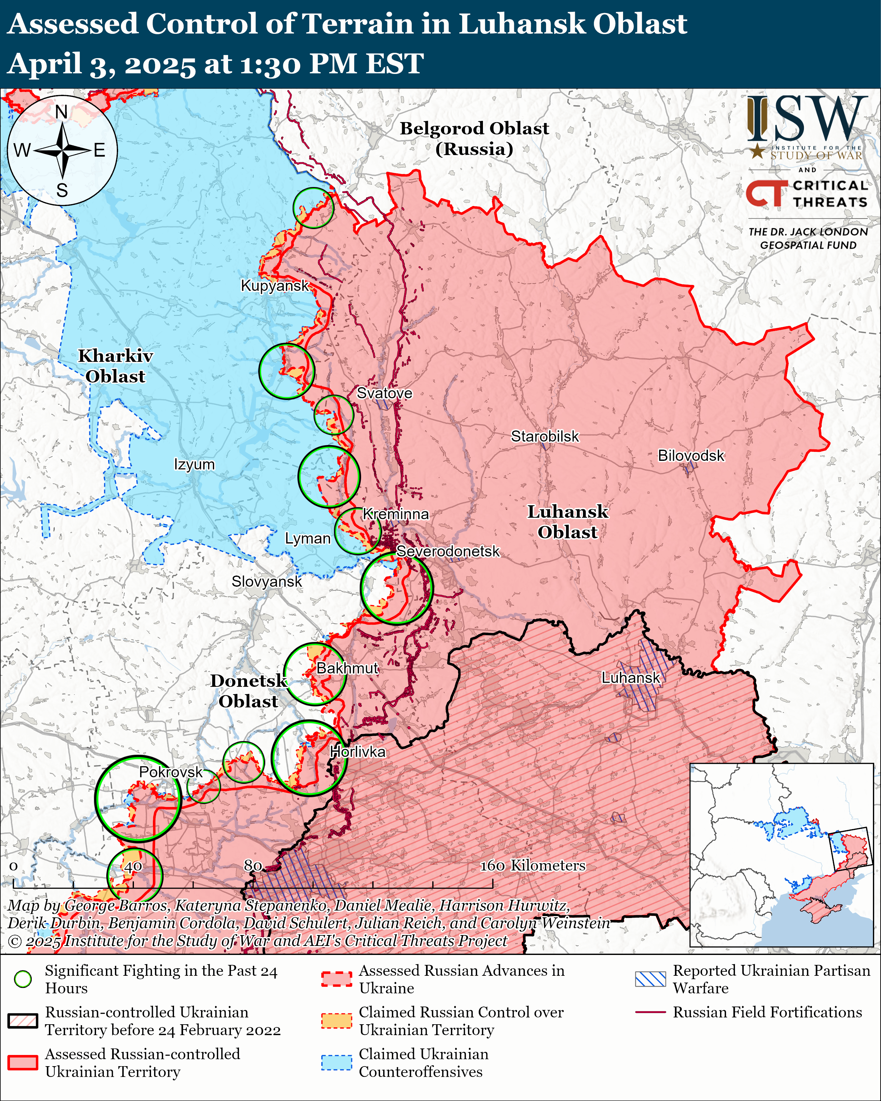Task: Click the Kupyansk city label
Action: tap(275, 286)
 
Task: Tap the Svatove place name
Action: tap(384, 393)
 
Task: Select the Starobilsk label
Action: tap(545, 437)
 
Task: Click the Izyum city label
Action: tap(194, 465)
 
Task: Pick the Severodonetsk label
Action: tap(448, 552)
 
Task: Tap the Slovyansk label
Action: tap(267, 582)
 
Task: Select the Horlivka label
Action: tap(357, 752)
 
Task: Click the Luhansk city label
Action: tap(631, 678)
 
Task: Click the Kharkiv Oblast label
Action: tap(115, 366)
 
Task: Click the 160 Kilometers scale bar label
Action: tap(533, 865)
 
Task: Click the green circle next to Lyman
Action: tap(357, 531)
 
